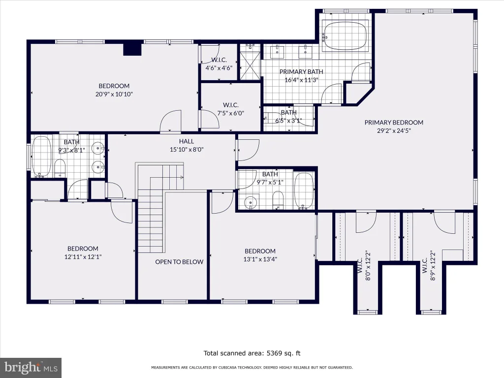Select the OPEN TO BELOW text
pos(179,262)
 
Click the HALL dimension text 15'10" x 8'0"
pos(187,150)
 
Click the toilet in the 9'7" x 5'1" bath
pos(278,199)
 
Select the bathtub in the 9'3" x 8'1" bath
pos(41,156)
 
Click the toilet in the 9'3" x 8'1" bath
pos(60,168)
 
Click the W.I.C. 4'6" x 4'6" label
pos(219,64)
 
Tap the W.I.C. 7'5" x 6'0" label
pos(231,109)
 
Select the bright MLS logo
pos(31,368)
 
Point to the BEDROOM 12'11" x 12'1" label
pos(83,252)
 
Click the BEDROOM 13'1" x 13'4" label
pos(260,255)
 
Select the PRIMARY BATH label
pos(301,72)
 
